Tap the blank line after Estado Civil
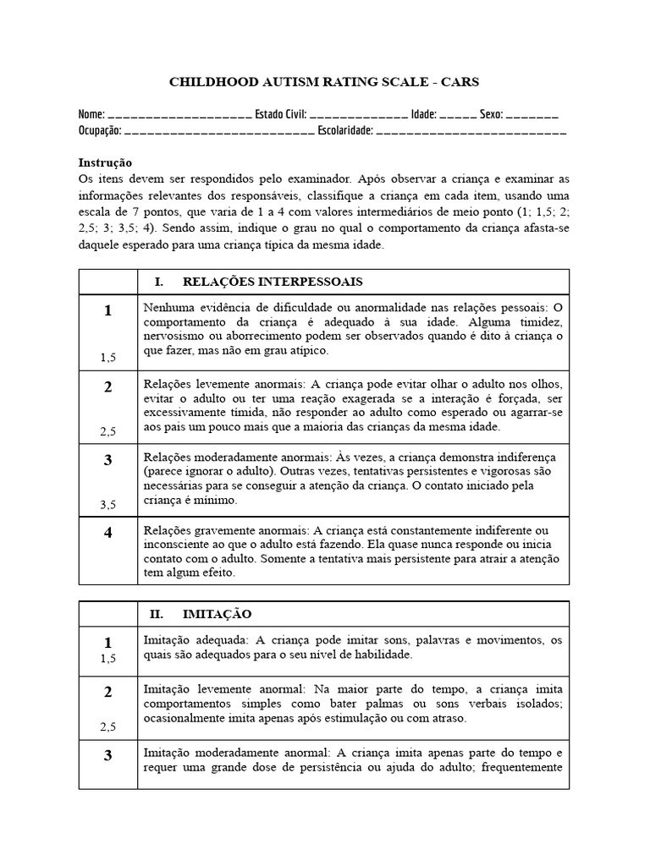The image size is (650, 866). [x=359, y=116]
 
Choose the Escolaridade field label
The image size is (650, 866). [x=344, y=131]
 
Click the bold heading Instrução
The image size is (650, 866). [x=105, y=162]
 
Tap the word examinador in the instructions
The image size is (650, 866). [x=317, y=178]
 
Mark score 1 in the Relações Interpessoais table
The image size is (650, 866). [x=107, y=311]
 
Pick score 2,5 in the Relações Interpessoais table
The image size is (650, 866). [x=107, y=431]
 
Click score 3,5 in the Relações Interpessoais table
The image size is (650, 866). [x=107, y=504]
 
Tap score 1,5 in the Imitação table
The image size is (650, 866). [x=107, y=658]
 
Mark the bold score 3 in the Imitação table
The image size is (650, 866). [x=107, y=756]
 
